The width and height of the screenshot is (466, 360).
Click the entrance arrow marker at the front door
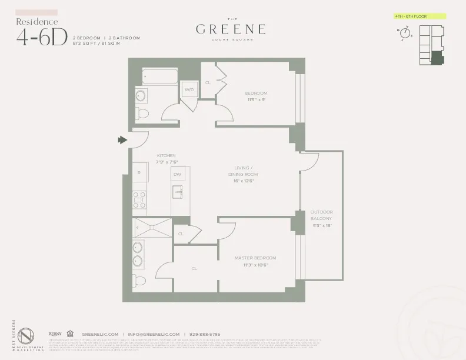[122, 140]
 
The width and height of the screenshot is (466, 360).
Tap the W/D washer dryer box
[189, 90]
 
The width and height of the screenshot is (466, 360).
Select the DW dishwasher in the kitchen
[177, 174]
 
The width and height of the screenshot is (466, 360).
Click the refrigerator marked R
[139, 172]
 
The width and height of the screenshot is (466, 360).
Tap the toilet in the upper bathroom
[142, 113]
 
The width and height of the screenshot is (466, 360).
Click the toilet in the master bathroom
[139, 280]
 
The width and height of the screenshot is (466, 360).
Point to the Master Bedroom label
[255, 261]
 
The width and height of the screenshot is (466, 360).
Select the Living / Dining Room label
[243, 174]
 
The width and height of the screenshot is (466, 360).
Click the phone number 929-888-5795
[205, 334]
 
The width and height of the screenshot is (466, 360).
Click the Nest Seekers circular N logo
[27, 337]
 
